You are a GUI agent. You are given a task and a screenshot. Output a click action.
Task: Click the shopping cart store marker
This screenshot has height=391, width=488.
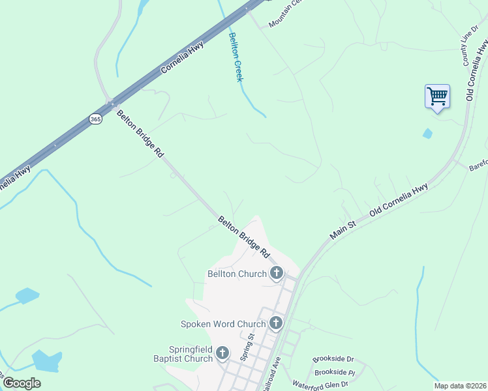[x=437, y=97]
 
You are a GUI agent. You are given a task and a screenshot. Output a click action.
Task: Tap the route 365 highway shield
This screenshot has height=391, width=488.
[x=96, y=119]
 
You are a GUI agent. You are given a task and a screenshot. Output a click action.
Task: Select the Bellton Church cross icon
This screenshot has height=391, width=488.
[x=277, y=274]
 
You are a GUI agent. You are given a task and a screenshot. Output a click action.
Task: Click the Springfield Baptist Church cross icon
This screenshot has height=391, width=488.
[x=222, y=353]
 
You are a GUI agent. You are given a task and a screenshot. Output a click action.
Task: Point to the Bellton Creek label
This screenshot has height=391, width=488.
[x=236, y=57]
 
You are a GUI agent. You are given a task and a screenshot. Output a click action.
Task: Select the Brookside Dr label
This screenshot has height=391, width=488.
[x=333, y=359]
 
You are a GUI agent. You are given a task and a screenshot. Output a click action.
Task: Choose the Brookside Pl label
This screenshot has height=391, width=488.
[x=333, y=372]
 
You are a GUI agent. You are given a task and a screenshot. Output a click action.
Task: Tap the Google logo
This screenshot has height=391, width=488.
[x=22, y=383]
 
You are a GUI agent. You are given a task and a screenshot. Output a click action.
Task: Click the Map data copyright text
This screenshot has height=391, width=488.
[x=460, y=386]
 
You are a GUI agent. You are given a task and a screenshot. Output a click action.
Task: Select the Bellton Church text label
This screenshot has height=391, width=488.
[x=237, y=274]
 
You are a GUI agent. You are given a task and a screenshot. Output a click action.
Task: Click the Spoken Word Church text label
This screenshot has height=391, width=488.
[x=223, y=323]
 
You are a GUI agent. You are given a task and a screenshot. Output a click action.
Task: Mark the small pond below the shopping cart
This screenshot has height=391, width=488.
[x=427, y=134]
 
